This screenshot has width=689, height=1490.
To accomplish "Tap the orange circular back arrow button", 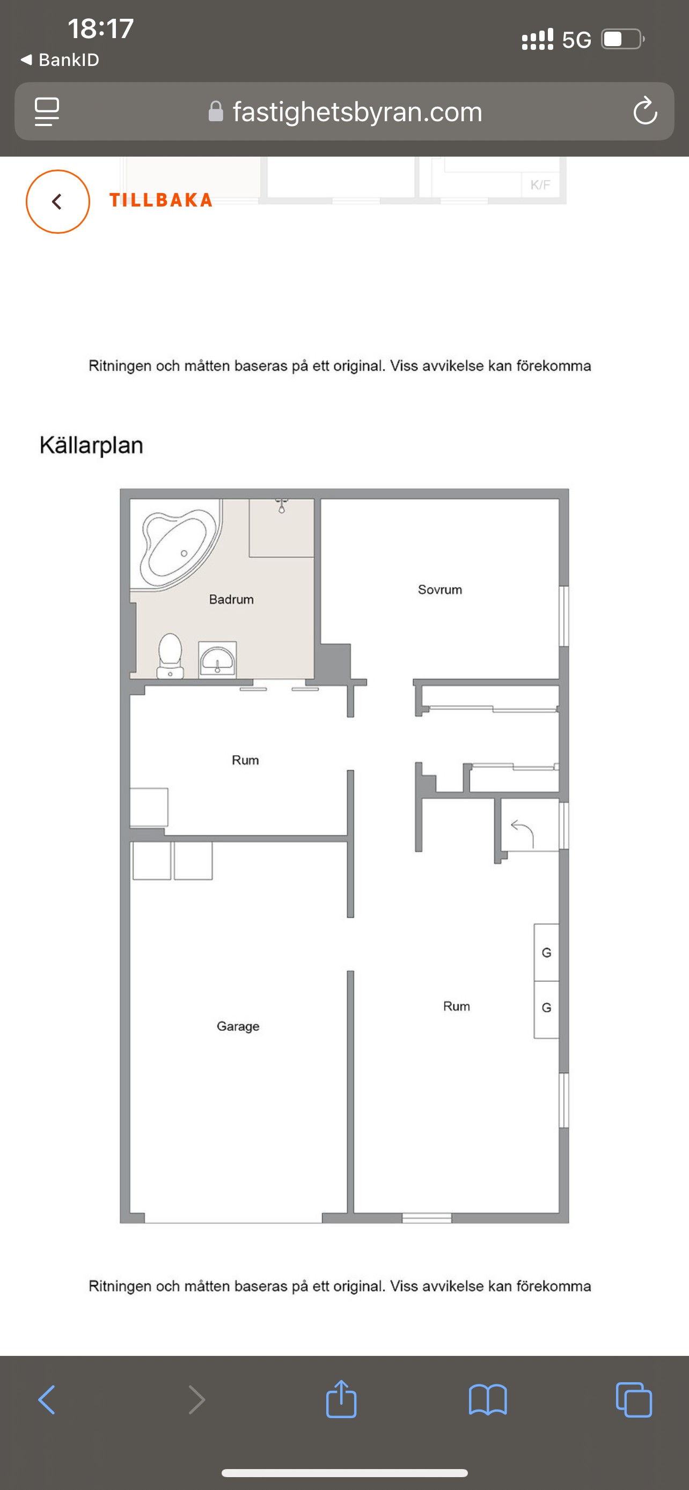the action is pos(58,201).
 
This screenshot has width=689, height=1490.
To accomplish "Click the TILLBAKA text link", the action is pos(161,200).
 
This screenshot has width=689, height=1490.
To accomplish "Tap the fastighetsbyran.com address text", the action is pos(357,112).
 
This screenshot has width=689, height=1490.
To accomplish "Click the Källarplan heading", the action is pos(91,445).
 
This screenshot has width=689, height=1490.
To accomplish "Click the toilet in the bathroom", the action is pos(170,656).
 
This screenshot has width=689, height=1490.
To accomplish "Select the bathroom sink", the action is pos(217,659).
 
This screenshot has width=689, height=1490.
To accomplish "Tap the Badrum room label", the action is pos(231,599).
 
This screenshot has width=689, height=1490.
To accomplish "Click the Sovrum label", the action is pos(439,589).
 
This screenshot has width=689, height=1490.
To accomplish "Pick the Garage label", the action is pos(238,1027).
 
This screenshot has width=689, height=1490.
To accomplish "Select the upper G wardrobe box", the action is pos(546,953).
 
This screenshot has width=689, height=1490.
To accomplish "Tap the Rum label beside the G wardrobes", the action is pos(457,1006).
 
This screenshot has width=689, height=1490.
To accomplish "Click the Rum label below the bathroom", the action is pos(245,760).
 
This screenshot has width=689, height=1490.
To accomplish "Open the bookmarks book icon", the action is pos(488,1400).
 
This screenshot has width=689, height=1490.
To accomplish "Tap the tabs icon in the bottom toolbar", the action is pos(634,1400).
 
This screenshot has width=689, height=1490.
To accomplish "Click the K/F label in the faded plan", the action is pos(540,185).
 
